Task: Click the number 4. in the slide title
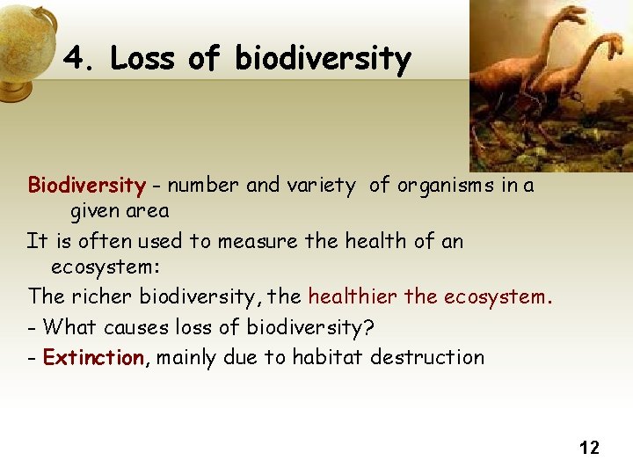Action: [80, 59]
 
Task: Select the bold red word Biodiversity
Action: [86, 186]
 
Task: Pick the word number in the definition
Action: [204, 186]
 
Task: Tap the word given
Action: [94, 212]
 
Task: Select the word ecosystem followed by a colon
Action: [105, 267]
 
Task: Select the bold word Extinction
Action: [94, 357]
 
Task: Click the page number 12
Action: [589, 448]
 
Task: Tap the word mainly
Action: [185, 357]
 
